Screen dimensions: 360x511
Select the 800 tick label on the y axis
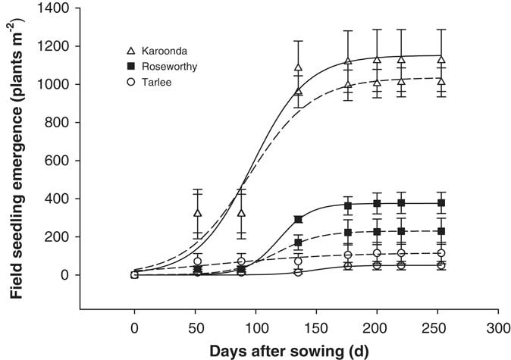62,123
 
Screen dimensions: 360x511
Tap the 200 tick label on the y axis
62,237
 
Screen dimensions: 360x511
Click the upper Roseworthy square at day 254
441,203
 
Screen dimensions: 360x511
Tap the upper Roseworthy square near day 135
299,219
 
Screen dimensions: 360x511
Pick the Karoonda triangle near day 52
198,213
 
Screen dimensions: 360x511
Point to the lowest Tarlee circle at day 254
441,265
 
